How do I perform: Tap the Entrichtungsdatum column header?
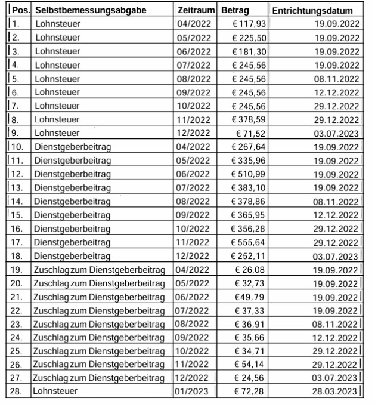click(312, 11)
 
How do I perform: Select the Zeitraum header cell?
click(196, 11)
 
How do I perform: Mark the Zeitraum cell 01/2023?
click(194, 391)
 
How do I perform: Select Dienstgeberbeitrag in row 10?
click(73, 147)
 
